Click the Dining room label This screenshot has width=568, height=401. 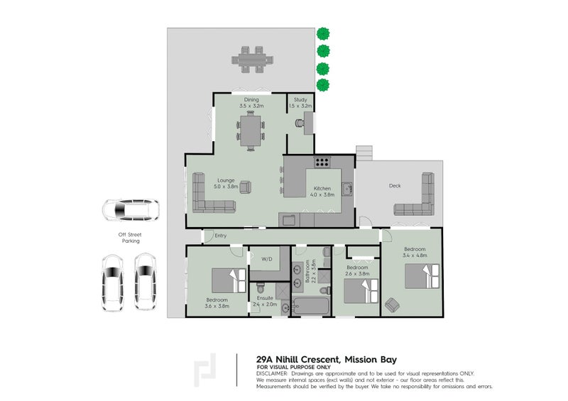[x=251, y=100]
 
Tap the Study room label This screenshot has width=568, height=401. [x=300, y=100]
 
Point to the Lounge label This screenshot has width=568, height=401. [x=227, y=180]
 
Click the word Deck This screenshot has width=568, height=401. [x=395, y=186]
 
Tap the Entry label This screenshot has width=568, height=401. [x=220, y=236]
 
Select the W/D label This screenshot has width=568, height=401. [x=268, y=258]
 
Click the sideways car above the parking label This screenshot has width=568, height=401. [x=129, y=210]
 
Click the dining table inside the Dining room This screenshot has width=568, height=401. [x=251, y=131]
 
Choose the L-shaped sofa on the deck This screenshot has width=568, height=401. [x=417, y=199]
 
